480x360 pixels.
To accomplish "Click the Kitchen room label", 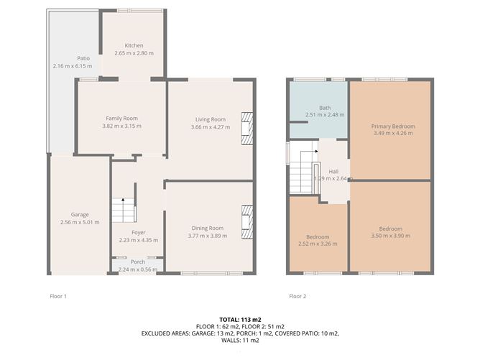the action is pyautogui.click(x=134, y=45).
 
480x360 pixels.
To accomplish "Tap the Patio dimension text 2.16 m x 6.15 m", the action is pyautogui.click(x=73, y=66).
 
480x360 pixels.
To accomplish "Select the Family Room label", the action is pyautogui.click(x=122, y=118).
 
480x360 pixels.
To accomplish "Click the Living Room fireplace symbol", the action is pyautogui.click(x=247, y=129).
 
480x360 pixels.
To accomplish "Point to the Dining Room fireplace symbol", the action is pyautogui.click(x=247, y=222).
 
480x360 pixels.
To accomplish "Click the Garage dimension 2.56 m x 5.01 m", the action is pyautogui.click(x=80, y=222).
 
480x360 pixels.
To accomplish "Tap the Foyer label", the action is pyautogui.click(x=139, y=233).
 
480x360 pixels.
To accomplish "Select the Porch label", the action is pyautogui.click(x=138, y=262).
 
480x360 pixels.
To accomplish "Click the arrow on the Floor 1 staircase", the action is pyautogui.click(x=123, y=210).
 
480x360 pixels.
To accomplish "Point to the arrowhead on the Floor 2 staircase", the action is pyautogui.click(x=317, y=151).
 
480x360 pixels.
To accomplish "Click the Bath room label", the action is pyautogui.click(x=325, y=108).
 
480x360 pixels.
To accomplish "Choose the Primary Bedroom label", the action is pyautogui.click(x=393, y=126).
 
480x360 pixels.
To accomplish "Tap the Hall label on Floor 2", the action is pyautogui.click(x=333, y=172).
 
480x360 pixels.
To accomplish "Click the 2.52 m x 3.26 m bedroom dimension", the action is pyautogui.click(x=318, y=244).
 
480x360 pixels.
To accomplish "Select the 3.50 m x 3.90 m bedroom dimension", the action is pyautogui.click(x=391, y=236).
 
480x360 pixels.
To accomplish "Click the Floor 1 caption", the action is pyautogui.click(x=58, y=296).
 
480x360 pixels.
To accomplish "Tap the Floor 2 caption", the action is pyautogui.click(x=297, y=296).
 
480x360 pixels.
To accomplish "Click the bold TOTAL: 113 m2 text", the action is pyautogui.click(x=240, y=320).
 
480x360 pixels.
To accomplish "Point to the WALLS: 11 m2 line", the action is pyautogui.click(x=240, y=341).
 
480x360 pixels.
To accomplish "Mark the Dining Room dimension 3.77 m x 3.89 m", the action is pyautogui.click(x=208, y=236).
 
